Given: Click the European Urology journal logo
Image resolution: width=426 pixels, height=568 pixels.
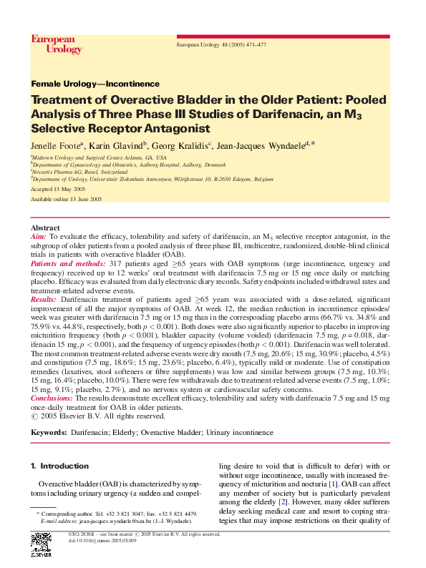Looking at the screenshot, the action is pos(53,44).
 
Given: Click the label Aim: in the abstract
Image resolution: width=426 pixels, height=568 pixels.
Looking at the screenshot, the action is pos(39,235).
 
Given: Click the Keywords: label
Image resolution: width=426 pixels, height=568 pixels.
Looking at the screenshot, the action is pos(49,433).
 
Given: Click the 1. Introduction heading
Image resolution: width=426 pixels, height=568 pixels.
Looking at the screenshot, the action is pos(60,466).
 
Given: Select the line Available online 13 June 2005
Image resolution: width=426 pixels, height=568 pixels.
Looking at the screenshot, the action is pos(67,200).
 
